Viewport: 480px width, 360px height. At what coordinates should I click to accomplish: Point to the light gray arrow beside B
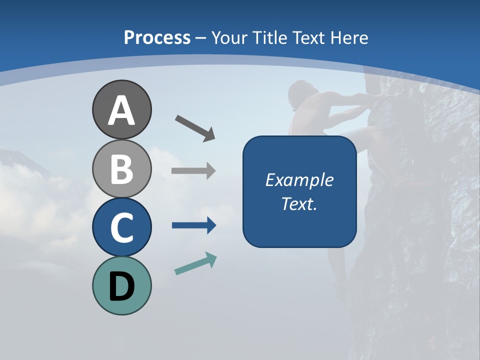pyautogui.click(x=193, y=171)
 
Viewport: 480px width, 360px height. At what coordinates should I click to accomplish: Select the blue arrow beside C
pyautogui.click(x=194, y=225)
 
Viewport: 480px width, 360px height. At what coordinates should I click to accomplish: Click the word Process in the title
pyautogui.click(x=157, y=38)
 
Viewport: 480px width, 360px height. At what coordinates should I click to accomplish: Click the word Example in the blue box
pyautogui.click(x=299, y=180)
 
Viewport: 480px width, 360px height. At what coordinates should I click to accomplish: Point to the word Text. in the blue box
pyautogui.click(x=299, y=203)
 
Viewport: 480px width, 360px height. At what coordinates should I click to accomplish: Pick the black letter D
pyautogui.click(x=121, y=286)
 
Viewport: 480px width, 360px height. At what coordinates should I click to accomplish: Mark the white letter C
pyautogui.click(x=121, y=227)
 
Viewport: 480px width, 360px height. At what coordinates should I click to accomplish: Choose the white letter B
pyautogui.click(x=121, y=168)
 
